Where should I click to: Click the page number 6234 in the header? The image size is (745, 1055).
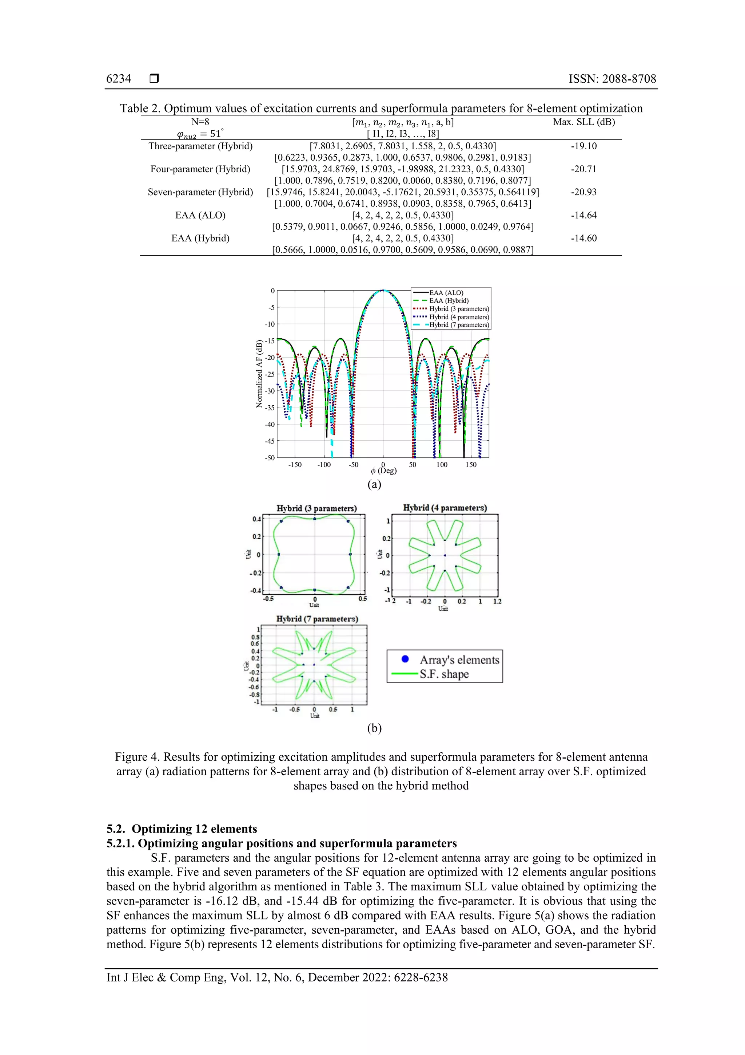point(119,79)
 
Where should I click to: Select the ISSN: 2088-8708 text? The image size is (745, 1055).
point(612,79)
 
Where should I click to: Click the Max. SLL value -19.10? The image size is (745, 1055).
point(583,146)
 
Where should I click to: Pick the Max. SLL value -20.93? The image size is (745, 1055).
point(583,192)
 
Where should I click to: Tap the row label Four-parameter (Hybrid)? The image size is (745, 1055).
point(200,169)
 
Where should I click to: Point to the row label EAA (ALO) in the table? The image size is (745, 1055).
point(200,215)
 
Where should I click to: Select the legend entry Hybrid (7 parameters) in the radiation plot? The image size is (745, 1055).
point(459,325)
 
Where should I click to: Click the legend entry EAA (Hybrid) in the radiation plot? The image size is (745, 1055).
point(449,300)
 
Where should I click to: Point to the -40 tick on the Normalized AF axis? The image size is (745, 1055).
point(270,425)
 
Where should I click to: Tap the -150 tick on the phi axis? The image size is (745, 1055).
point(295,465)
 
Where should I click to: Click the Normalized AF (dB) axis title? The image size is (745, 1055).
point(259,374)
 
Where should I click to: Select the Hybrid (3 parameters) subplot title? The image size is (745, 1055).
point(316,508)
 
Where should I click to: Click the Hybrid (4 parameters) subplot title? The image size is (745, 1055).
point(444,508)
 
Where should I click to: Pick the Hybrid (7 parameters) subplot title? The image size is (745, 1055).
point(317,619)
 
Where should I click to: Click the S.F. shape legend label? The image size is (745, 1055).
point(444,674)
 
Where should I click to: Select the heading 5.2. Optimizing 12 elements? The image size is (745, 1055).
point(182,828)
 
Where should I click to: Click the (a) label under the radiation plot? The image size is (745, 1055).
point(374,484)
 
